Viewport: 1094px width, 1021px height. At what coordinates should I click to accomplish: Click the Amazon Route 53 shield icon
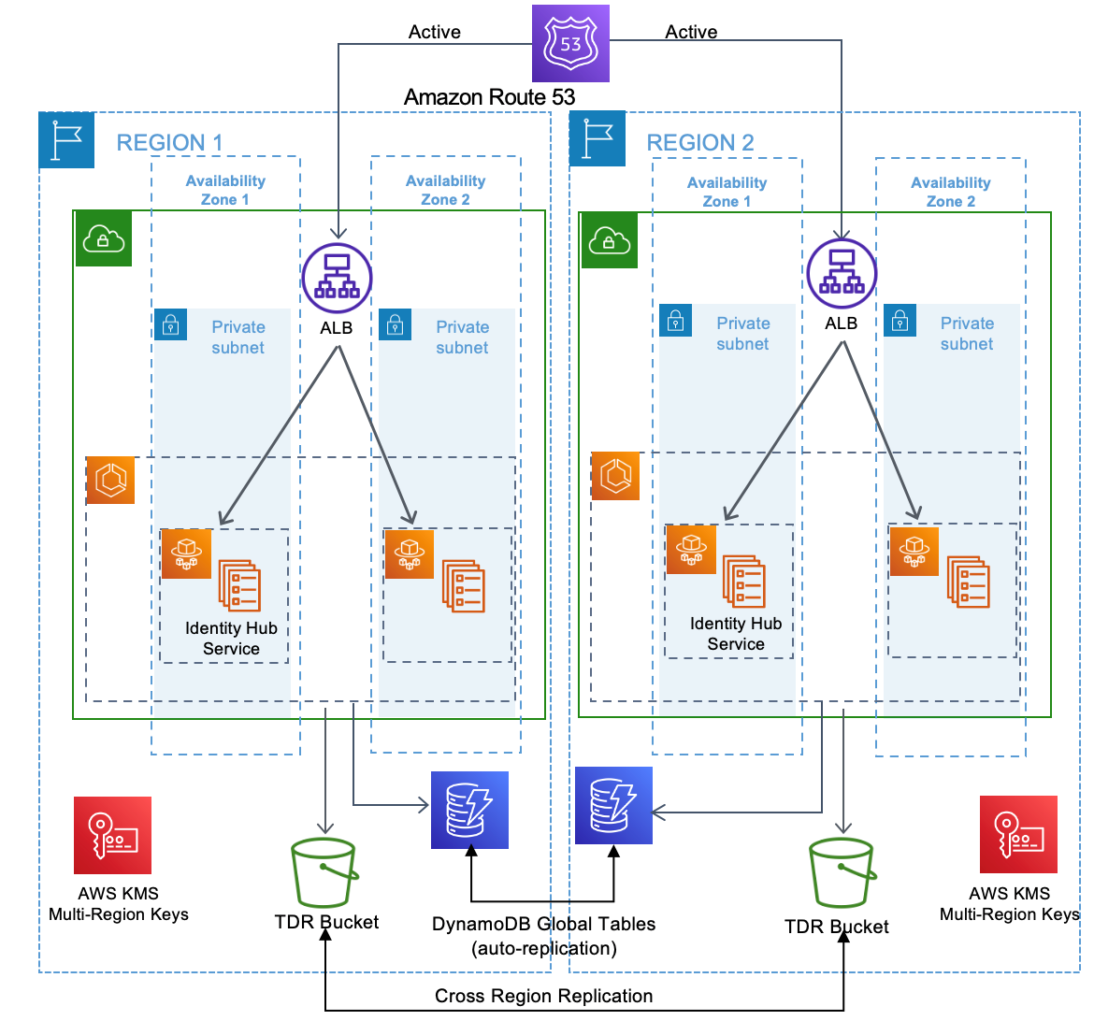(570, 43)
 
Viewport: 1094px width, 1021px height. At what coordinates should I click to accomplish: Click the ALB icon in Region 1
(337, 278)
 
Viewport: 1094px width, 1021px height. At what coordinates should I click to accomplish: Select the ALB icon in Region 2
(842, 274)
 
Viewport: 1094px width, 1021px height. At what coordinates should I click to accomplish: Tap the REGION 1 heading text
(169, 143)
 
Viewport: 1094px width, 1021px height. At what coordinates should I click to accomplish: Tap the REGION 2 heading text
(700, 143)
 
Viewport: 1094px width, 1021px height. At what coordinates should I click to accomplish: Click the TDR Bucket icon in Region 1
(324, 872)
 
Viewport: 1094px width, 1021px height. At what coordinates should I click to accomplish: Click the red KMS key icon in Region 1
(112, 835)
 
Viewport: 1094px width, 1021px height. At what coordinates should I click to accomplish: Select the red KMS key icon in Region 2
(1018, 834)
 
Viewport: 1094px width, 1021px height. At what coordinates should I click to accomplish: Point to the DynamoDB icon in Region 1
(469, 810)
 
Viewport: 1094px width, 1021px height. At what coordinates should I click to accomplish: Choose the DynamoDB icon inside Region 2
(613, 806)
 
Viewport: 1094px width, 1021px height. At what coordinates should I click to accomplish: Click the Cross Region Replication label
(543, 996)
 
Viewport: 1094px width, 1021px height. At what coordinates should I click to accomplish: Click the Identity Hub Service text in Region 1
(231, 639)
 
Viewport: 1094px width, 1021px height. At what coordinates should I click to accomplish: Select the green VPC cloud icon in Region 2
(609, 241)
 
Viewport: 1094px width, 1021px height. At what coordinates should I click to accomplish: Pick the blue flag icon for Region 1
(66, 140)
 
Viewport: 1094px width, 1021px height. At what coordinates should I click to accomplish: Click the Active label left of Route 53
(434, 32)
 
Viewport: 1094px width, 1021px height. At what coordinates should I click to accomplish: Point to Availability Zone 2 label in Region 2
(950, 192)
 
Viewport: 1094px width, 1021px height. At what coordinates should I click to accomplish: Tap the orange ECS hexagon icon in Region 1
(110, 480)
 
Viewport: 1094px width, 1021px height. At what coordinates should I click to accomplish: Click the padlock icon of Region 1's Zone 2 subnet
(395, 324)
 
